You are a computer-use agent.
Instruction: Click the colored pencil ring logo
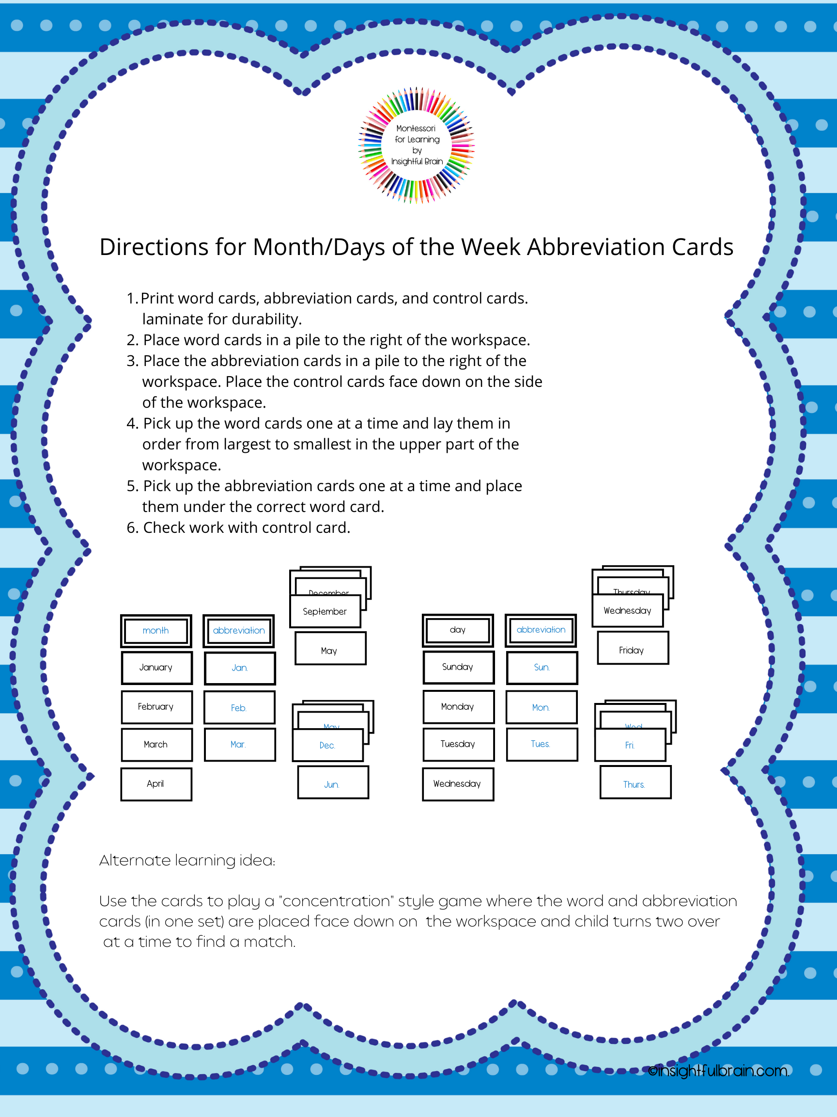[x=416, y=145]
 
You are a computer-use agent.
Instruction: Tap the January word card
[x=156, y=668]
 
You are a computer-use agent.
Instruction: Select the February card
[x=156, y=707]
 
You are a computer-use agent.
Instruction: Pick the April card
[x=156, y=784]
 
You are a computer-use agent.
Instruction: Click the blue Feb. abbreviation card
[x=239, y=707]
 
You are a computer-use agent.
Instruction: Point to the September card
[x=325, y=611]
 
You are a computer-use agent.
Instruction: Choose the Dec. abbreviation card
[x=327, y=745]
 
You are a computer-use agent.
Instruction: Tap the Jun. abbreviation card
[x=332, y=784]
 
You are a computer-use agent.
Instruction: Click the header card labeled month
[x=156, y=631]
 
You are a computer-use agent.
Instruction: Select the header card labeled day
[x=458, y=630]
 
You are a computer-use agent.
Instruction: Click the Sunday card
[x=458, y=667]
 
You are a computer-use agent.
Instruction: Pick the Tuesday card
[x=458, y=744]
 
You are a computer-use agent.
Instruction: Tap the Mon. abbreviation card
[x=542, y=707]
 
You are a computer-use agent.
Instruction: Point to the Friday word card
[x=632, y=651]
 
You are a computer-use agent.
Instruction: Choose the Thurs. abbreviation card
[x=635, y=784]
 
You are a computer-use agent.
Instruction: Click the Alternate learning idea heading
[x=187, y=861]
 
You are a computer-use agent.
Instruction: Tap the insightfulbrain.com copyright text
[x=718, y=1071]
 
